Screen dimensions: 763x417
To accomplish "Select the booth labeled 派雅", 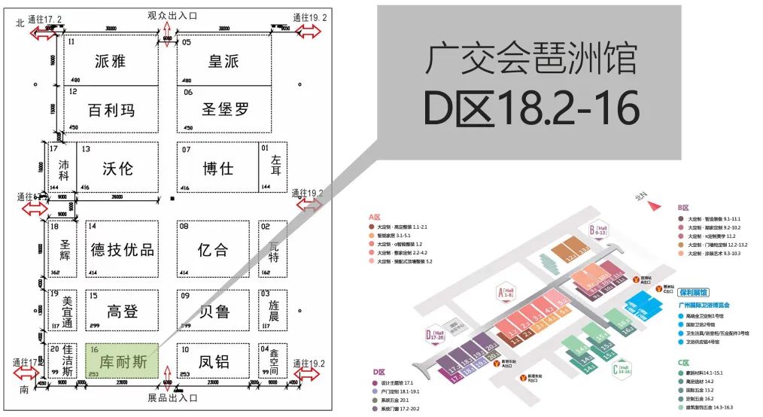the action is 111,61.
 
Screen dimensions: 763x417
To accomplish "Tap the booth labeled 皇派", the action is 223,61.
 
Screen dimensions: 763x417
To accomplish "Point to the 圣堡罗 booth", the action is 223,109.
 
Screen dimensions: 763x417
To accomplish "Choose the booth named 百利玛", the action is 111,109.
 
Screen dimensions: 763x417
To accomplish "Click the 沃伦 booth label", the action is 118,167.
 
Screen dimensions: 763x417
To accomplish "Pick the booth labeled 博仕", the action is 217,167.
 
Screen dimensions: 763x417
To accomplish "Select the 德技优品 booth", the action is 122,249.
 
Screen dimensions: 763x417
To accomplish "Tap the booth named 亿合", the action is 214,249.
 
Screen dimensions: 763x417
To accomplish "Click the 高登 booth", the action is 122,311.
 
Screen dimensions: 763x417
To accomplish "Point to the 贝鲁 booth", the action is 214,311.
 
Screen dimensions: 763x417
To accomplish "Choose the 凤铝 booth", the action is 214,361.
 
